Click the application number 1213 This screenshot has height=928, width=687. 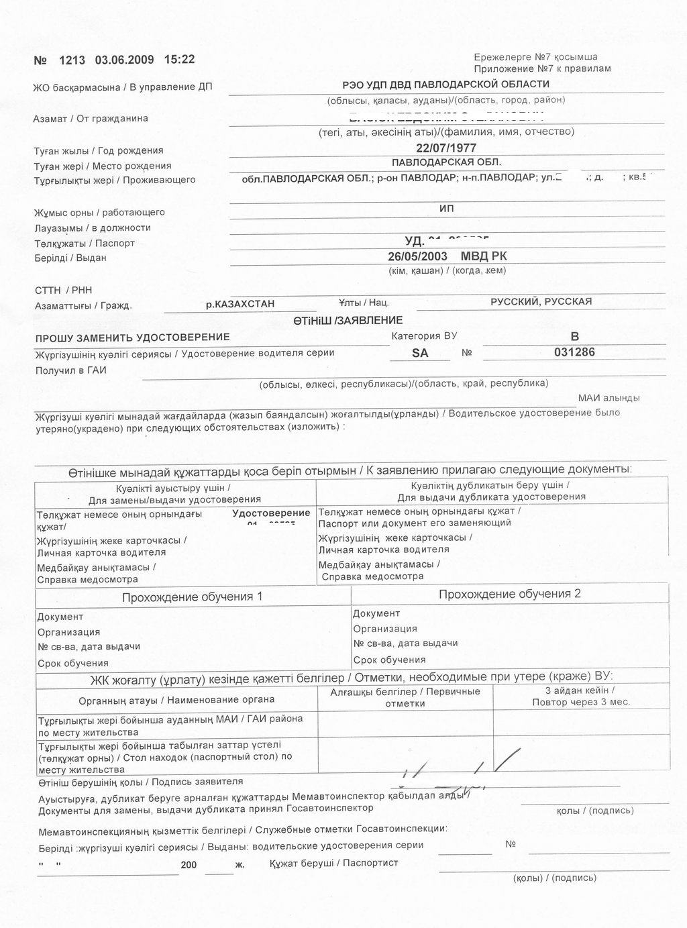(72, 60)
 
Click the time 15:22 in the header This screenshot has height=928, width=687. (179, 59)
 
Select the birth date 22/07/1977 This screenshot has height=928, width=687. (446, 148)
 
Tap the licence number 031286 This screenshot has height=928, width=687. (574, 352)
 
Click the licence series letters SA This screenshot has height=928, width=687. (420, 353)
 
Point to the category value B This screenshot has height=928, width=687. (574, 336)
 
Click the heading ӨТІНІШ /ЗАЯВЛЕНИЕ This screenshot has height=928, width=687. (348, 320)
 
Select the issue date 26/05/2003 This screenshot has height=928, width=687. (417, 256)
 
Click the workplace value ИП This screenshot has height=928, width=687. (446, 209)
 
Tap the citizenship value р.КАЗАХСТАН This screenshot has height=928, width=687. (240, 304)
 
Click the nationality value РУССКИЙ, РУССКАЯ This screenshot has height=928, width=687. (541, 301)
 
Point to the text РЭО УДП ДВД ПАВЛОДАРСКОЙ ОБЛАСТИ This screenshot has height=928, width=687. (445, 85)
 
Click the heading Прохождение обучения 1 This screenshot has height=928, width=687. (192, 597)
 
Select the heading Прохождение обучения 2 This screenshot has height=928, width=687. (509, 594)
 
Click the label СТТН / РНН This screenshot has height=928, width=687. (64, 290)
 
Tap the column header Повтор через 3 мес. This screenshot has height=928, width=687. (580, 702)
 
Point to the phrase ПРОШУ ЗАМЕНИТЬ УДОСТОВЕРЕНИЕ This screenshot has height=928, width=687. (132, 337)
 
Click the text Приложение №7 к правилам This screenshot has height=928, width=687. (542, 68)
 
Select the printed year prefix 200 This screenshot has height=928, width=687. (189, 865)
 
